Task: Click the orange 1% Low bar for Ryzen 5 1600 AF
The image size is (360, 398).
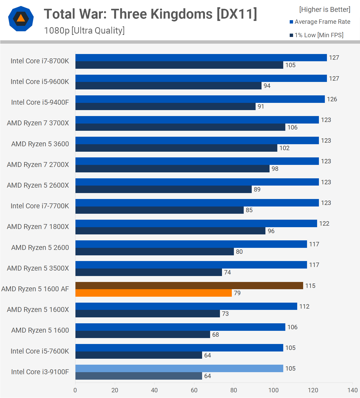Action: pyautogui.click(x=154, y=293)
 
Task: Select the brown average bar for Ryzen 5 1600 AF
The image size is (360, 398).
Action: pyautogui.click(x=189, y=286)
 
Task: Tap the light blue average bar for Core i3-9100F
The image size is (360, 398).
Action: pyautogui.click(x=179, y=368)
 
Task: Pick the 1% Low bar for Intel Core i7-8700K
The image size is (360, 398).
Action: pyautogui.click(x=179, y=65)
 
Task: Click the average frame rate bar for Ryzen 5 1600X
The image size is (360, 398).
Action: pyautogui.click(x=186, y=306)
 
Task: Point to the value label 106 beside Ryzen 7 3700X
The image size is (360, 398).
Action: pyautogui.click(x=292, y=127)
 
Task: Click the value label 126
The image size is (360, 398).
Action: pyautogui.click(x=332, y=99)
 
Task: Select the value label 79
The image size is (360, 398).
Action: pyautogui.click(x=237, y=293)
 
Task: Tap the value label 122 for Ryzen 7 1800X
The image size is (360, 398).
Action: pyautogui.click(x=324, y=224)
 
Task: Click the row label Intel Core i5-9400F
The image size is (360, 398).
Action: pyautogui.click(x=40, y=102)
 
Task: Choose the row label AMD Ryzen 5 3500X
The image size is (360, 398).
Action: pyautogui.click(x=38, y=268)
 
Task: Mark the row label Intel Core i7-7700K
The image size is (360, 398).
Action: pyautogui.click(x=40, y=206)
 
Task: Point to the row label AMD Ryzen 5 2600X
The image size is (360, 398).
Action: pyautogui.click(x=38, y=185)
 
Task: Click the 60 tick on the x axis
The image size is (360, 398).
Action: pyautogui.click(x=194, y=390)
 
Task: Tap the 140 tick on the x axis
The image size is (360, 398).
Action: pyautogui.click(x=353, y=390)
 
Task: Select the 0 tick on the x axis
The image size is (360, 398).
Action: pyautogui.click(x=75, y=390)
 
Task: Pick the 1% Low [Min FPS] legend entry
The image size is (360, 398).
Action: pyautogui.click(x=317, y=35)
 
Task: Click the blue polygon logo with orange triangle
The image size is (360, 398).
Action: pyautogui.click(x=21, y=19)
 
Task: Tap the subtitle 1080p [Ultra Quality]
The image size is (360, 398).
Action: pyautogui.click(x=84, y=30)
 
